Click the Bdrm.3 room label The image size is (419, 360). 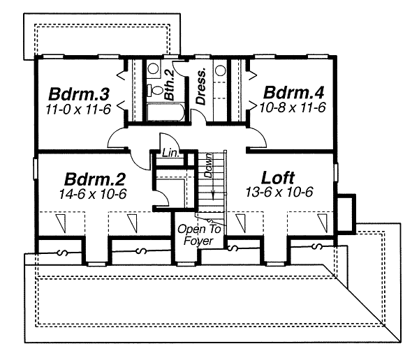pyautogui.click(x=79, y=93)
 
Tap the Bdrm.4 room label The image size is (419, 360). pyautogui.click(x=294, y=92)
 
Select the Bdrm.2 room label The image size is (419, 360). pyautogui.click(x=94, y=179)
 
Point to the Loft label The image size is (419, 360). pyautogui.click(x=278, y=178)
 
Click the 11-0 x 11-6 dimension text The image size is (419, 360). pyautogui.click(x=78, y=109)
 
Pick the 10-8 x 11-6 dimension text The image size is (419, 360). pyautogui.click(x=293, y=107)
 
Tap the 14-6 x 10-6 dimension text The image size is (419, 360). pyautogui.click(x=93, y=194)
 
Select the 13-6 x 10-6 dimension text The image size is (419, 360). pyautogui.click(x=279, y=192)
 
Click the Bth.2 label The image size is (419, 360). pyautogui.click(x=169, y=85)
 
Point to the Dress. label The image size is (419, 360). pyautogui.click(x=201, y=87)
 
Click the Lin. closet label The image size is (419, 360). pyautogui.click(x=170, y=153)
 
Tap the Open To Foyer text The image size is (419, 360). pyautogui.click(x=199, y=235)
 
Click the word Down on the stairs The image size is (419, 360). pyautogui.click(x=208, y=165)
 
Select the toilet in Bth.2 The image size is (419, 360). pyautogui.click(x=154, y=90)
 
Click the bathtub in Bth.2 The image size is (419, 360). pyautogui.click(x=166, y=112)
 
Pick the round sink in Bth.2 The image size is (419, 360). pyautogui.click(x=153, y=68)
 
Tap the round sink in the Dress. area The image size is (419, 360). pyautogui.click(x=221, y=70)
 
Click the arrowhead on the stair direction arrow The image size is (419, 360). pyautogui.click(x=213, y=196)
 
